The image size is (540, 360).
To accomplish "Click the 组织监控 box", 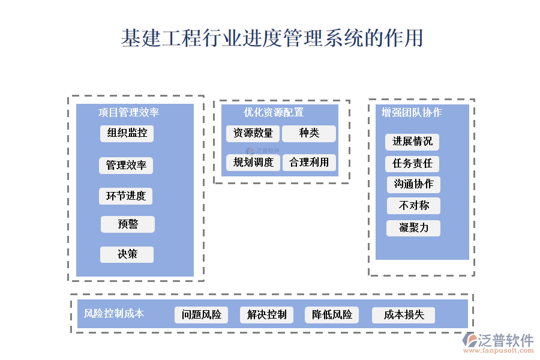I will click(x=127, y=133).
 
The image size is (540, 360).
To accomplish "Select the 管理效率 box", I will click(x=126, y=166).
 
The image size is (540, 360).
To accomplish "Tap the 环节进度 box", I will click(x=126, y=196).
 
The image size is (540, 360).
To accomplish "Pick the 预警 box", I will click(x=128, y=224).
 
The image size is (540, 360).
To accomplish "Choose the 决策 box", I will click(x=127, y=254).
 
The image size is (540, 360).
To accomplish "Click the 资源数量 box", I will click(x=253, y=133).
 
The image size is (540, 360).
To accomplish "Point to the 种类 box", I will click(x=309, y=133).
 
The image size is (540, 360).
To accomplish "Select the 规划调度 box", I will click(x=253, y=163).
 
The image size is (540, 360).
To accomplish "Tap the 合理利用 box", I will click(x=309, y=163).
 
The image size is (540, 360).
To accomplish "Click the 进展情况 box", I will click(x=412, y=142).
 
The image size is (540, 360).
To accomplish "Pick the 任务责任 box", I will click(x=412, y=164).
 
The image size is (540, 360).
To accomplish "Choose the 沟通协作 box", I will click(x=413, y=184).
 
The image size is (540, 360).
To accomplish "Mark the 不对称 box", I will click(x=413, y=206).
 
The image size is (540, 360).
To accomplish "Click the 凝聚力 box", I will click(x=413, y=228).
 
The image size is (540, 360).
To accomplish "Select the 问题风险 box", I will click(x=201, y=315).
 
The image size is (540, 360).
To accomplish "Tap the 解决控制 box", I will click(x=266, y=315).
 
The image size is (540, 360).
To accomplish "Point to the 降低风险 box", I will click(x=332, y=315).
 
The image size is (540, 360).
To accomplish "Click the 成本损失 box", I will click(x=403, y=315).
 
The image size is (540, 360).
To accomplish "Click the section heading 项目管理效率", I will click(x=128, y=112).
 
